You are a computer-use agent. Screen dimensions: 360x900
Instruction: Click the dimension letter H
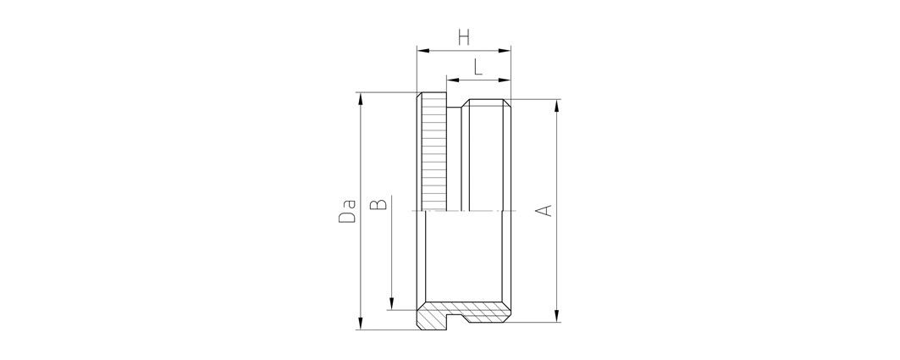coord(463,37)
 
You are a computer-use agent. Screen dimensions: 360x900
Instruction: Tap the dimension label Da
coord(346,212)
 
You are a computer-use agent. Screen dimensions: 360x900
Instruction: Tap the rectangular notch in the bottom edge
coord(458,322)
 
